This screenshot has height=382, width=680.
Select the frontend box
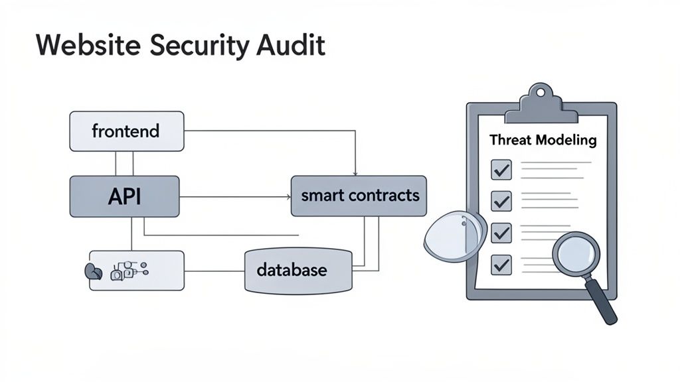click(x=126, y=131)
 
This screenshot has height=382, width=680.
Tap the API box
click(x=124, y=196)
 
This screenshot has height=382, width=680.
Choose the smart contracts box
click(x=359, y=196)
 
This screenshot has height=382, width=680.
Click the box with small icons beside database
click(x=137, y=270)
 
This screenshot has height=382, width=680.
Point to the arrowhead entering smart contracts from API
click(x=288, y=196)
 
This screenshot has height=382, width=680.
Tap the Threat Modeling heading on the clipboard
click(x=543, y=141)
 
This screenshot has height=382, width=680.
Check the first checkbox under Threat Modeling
click(x=501, y=170)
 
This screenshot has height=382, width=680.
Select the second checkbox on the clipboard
click(x=501, y=201)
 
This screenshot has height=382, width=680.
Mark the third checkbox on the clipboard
click(x=501, y=233)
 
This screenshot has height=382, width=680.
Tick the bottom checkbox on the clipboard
click(x=501, y=265)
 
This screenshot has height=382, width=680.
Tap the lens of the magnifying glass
click(x=576, y=255)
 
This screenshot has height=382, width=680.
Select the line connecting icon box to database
click(x=214, y=271)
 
